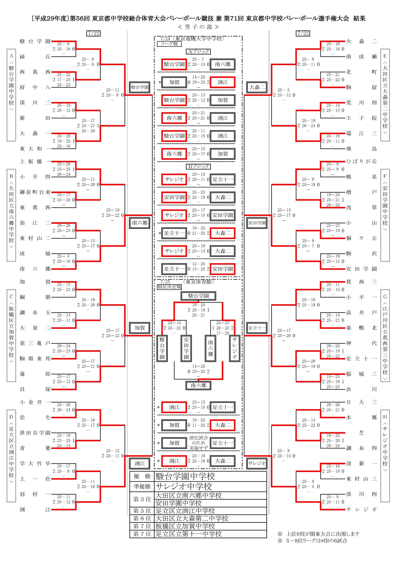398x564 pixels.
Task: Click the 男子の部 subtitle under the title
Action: [x=198, y=27]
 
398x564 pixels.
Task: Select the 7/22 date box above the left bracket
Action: [x=93, y=34]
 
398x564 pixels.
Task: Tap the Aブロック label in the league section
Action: [x=198, y=51]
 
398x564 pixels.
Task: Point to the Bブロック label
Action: [x=198, y=167]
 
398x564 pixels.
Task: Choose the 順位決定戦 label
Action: [x=169, y=287]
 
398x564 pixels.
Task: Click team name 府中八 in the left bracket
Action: [x=35, y=87]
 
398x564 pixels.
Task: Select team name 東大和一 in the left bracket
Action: [x=35, y=149]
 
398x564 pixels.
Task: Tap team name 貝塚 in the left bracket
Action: [x=35, y=389]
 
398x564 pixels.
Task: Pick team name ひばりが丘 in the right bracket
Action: [x=361, y=161]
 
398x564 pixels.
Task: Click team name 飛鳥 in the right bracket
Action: [x=361, y=149]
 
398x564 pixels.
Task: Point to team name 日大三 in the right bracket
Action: [x=361, y=402]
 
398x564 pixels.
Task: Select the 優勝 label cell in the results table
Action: [x=142, y=476]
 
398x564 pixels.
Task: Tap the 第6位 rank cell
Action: [x=142, y=519]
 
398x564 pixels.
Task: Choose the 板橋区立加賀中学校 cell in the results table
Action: [x=210, y=526]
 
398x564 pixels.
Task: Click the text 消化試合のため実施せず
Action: [x=198, y=443]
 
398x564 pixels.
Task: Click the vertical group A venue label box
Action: [x=11, y=95]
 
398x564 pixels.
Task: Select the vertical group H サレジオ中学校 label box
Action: [x=385, y=456]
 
